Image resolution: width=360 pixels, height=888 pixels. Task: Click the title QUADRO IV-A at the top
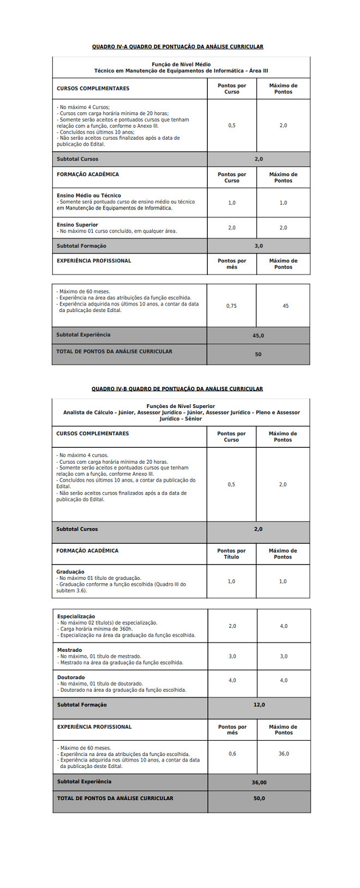(177, 47)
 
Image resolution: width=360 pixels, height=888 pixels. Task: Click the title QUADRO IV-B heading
(177, 389)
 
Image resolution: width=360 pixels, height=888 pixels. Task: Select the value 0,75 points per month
(231, 306)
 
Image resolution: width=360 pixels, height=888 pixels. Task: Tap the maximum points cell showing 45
(285, 306)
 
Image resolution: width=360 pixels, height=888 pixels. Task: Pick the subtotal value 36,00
(259, 783)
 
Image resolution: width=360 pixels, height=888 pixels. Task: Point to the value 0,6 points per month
(232, 753)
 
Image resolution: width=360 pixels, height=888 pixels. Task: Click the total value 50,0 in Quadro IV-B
(259, 799)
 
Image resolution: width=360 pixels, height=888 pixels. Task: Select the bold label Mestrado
(69, 650)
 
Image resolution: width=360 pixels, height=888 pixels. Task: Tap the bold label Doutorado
(71, 677)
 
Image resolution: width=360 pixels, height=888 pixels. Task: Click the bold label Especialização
(76, 616)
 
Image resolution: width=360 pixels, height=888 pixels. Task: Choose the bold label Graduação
(70, 572)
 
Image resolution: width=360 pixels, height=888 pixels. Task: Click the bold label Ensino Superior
(77, 225)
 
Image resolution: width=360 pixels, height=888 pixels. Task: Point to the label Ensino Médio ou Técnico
(89, 195)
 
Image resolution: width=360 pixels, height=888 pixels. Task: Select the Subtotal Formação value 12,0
(259, 705)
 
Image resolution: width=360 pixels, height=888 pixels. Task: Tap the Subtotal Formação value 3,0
(259, 246)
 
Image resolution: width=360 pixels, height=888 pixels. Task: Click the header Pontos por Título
(231, 554)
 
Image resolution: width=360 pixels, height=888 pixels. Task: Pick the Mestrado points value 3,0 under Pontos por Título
(232, 656)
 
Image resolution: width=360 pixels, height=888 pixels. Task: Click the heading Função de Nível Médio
(181, 64)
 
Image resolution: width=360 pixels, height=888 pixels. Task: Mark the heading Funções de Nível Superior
(181, 406)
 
